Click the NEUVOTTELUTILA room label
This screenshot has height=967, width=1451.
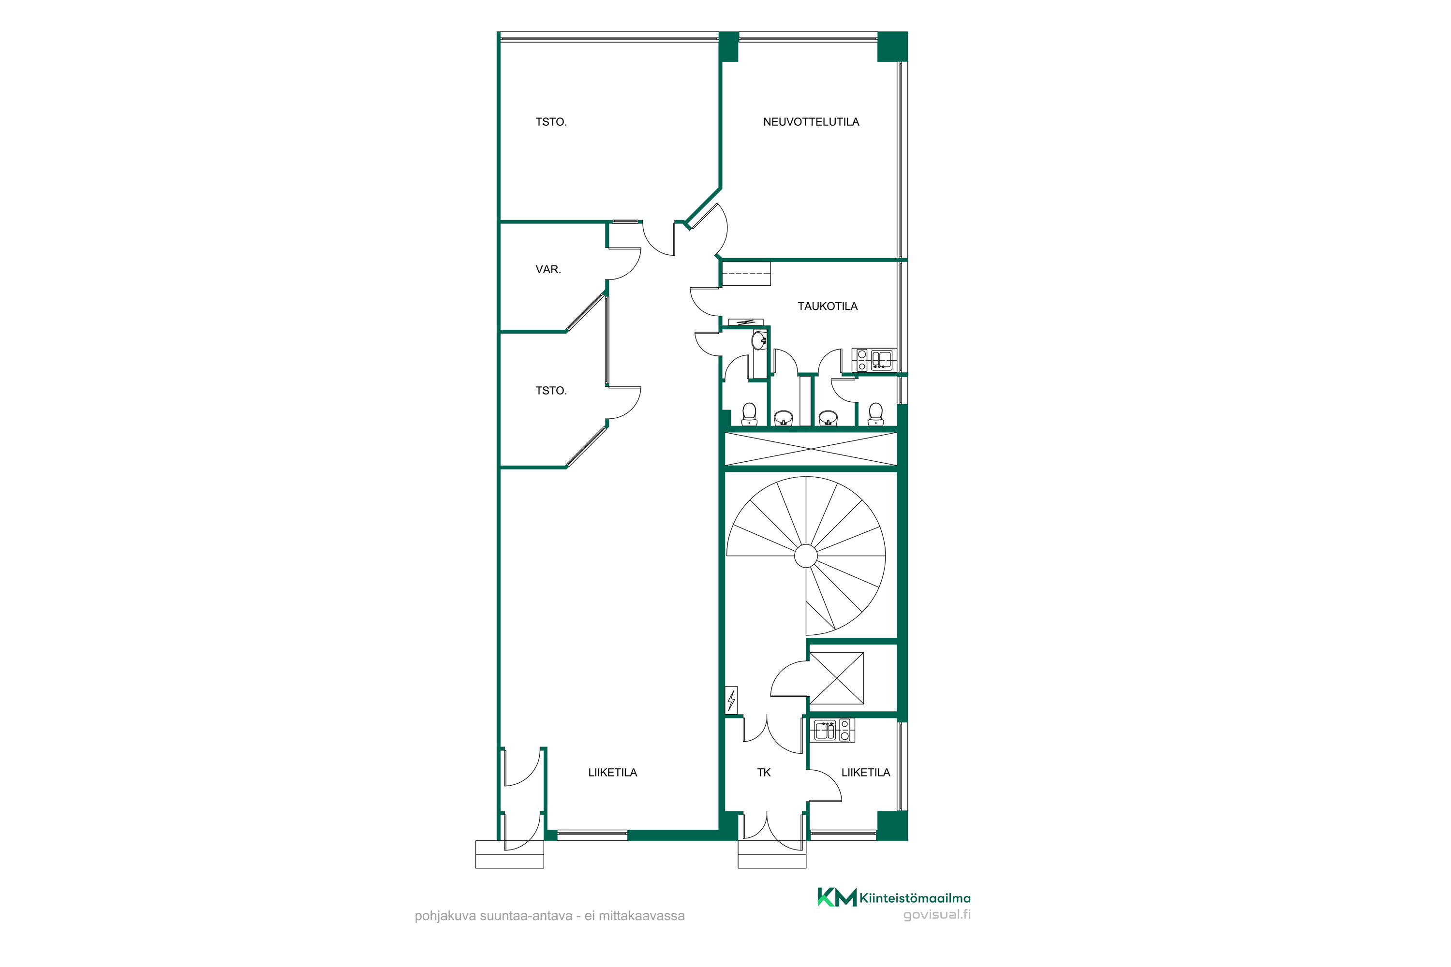811,122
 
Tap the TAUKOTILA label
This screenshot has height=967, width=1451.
827,307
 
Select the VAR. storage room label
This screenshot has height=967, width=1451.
548,269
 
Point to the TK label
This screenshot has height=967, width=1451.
764,773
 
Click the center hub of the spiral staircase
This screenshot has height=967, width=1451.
806,556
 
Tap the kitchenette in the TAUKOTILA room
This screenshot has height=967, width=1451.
874,360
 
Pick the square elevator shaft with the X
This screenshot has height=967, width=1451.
837,678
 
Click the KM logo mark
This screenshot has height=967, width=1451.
837,897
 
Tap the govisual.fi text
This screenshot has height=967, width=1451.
936,915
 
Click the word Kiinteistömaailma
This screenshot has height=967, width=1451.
915,898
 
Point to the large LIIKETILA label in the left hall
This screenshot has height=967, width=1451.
613,773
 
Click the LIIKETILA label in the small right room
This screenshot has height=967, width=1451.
866,773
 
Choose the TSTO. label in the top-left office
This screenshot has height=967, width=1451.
551,122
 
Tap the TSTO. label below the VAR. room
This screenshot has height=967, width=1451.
551,391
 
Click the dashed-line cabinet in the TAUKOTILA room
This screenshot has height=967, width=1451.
746,274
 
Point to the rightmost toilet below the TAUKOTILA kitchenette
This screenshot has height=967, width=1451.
875,414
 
